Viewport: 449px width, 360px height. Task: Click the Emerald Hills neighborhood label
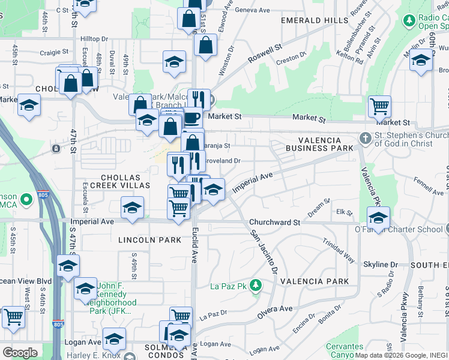click(315, 20)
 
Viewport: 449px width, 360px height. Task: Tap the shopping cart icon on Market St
click(379, 106)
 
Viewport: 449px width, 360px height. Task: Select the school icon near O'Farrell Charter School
click(378, 217)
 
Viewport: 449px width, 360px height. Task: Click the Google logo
click(20, 352)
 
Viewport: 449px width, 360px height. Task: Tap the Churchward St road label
click(274, 222)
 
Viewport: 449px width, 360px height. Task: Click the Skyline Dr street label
click(381, 265)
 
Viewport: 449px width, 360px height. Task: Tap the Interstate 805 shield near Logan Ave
click(58, 325)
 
